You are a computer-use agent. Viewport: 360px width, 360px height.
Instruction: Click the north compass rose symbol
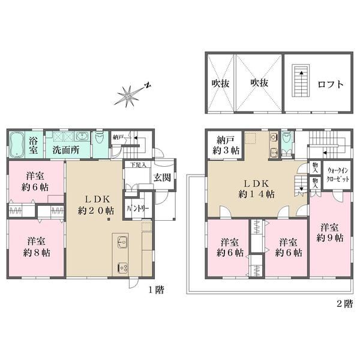tap(129, 96)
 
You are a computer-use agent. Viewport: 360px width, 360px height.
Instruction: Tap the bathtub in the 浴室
tap(17, 145)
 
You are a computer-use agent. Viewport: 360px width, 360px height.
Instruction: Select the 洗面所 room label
tap(66, 150)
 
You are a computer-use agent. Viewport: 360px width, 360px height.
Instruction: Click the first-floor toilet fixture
tap(100, 137)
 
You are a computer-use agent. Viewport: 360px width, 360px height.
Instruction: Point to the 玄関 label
tap(162, 178)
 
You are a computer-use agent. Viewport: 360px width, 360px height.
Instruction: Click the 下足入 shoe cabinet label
tap(138, 164)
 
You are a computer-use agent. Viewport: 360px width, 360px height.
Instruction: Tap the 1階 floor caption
tap(157, 290)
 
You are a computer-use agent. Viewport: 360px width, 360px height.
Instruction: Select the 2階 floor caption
tap(344, 304)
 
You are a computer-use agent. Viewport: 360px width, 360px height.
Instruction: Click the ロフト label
tap(330, 84)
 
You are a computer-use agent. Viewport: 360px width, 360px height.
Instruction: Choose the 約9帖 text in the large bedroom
tap(330, 238)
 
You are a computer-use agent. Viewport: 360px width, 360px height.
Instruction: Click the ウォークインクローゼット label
tap(338, 175)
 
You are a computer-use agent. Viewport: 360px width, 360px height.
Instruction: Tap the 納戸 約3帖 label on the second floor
tap(226, 145)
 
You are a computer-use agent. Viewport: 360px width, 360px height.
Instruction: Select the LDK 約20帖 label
tap(96, 205)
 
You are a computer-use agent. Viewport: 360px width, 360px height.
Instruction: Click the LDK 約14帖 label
tap(256, 189)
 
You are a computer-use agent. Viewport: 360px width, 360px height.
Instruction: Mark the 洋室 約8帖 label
tap(37, 247)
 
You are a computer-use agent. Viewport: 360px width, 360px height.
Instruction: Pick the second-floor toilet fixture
tap(286, 138)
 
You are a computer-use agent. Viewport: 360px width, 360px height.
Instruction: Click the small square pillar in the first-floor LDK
tap(109, 219)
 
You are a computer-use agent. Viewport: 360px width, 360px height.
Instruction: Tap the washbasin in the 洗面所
tap(82, 136)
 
